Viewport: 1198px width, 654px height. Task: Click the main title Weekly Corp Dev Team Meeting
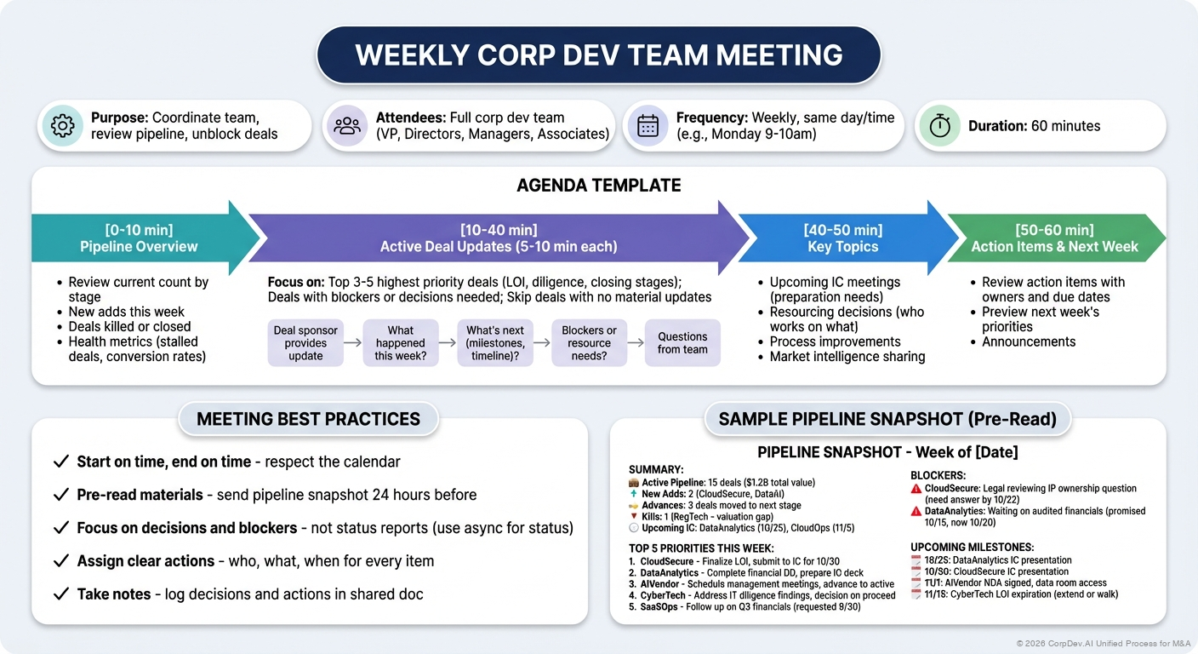598,55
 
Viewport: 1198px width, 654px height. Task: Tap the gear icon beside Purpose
63,126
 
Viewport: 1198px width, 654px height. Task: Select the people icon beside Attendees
347,126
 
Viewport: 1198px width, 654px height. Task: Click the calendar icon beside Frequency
647,126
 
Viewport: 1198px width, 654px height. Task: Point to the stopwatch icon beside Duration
939,126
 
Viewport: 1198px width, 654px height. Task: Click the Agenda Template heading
598,186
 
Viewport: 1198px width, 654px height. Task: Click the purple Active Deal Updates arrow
498,238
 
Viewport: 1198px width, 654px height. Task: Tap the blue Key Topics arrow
842,238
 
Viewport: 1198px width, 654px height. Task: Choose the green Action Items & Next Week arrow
1054,238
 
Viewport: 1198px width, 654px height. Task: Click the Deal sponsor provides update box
305,343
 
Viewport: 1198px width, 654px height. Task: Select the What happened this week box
400,343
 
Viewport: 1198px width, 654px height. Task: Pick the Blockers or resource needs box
589,343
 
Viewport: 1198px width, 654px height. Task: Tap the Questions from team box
682,343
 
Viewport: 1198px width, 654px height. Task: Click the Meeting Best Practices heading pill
308,419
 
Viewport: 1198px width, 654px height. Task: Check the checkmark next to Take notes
60,594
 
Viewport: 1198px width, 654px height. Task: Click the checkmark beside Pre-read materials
60,495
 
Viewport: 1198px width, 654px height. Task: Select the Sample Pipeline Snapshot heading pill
887,419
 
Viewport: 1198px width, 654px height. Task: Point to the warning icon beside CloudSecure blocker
916,489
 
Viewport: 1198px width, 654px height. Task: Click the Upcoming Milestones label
972,547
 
